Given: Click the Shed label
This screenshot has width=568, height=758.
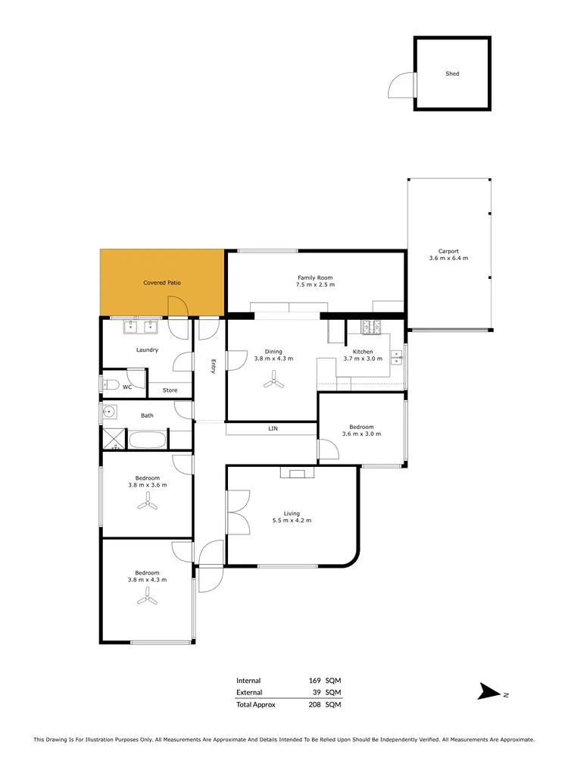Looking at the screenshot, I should tap(452, 74).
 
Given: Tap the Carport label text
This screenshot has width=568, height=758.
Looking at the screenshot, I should tap(448, 252).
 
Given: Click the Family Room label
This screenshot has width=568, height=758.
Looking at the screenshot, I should tap(315, 278).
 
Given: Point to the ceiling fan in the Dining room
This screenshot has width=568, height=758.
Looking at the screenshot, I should tap(273, 384).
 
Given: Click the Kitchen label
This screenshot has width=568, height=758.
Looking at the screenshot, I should tap(363, 352).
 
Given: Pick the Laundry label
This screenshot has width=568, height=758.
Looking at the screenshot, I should tap(147, 350).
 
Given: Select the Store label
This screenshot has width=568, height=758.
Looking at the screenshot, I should tap(170, 390).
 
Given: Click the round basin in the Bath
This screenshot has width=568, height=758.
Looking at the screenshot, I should tap(109, 413).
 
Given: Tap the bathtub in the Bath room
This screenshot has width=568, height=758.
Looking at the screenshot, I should tap(147, 439).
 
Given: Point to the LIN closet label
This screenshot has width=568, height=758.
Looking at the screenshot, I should tap(273, 428).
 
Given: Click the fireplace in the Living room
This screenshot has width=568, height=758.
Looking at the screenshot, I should tap(297, 473).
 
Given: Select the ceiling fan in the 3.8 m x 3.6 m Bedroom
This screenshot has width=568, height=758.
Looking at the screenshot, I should tap(147, 506).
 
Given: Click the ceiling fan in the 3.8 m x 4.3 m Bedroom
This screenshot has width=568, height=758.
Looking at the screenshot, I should tap(147, 599).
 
